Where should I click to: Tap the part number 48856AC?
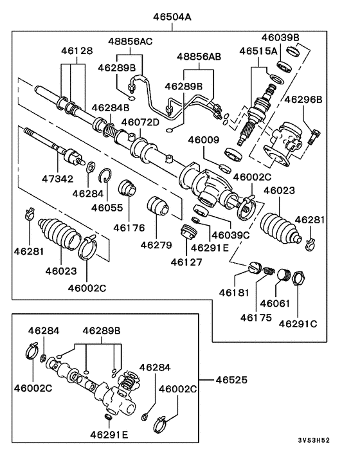(x=130, y=41)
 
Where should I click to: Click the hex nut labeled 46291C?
(x=298, y=279)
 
